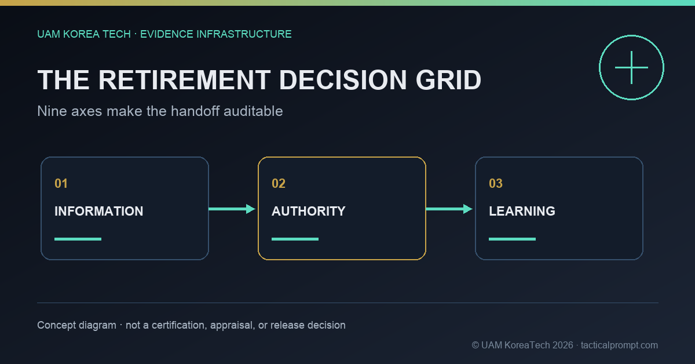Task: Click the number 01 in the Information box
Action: click(61, 184)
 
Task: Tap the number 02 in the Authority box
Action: click(279, 184)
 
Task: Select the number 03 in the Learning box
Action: click(496, 184)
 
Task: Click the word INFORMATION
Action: click(98, 211)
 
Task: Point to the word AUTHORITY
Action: click(308, 211)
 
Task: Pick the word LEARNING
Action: click(522, 211)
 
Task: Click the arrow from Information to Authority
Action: click(232, 209)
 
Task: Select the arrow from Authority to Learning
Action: click(449, 209)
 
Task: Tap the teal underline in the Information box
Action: click(78, 239)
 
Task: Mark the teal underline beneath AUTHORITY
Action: click(295, 239)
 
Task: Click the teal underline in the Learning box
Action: click(512, 239)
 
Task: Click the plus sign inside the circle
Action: click(631, 67)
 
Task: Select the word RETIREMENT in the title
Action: click(184, 80)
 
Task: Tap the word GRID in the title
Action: click(448, 80)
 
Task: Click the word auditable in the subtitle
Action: click(253, 111)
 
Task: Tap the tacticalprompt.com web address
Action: click(619, 345)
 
